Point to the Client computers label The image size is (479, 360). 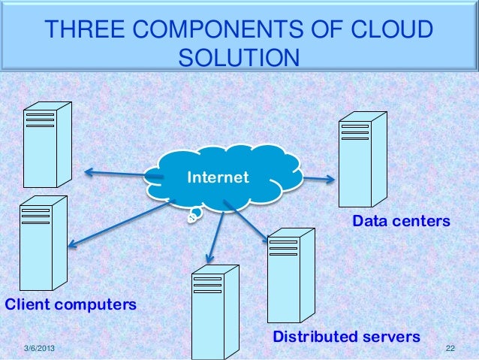click(71, 305)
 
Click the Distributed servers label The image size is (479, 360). click(346, 336)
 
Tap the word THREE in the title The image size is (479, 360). click(85, 30)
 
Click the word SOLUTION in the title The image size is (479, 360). click(239, 57)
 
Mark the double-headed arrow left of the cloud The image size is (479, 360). click(120, 175)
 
